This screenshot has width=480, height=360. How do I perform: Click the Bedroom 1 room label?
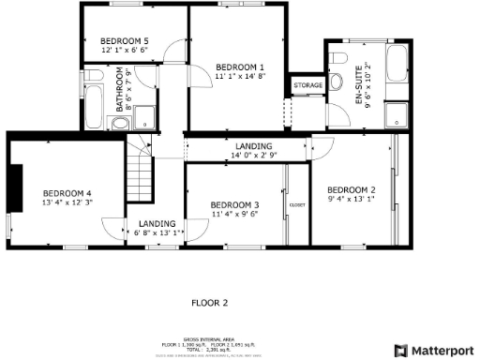240,67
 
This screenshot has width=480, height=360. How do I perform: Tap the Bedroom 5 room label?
125,41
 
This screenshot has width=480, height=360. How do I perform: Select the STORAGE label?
307,85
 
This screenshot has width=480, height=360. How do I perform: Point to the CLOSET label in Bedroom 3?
297,203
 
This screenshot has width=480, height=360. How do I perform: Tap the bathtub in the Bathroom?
95,111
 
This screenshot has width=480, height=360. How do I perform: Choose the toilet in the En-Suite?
338,61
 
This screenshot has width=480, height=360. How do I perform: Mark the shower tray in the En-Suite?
399,113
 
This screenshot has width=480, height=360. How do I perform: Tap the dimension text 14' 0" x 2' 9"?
253,156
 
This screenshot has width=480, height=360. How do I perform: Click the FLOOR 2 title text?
210,303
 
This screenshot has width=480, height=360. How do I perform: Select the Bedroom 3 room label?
234,205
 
